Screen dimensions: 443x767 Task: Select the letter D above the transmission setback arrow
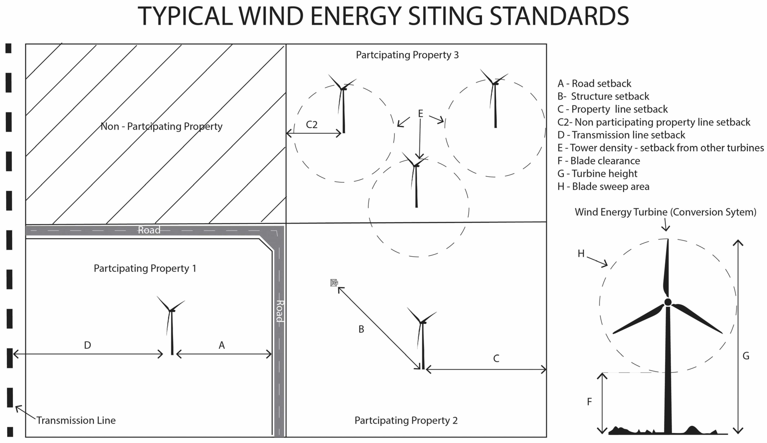(x=87, y=345)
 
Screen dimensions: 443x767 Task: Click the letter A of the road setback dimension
(x=222, y=345)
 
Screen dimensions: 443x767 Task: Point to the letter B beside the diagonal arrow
(x=361, y=329)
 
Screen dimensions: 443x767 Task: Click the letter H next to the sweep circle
(x=581, y=253)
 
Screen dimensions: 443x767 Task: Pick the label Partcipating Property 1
(x=145, y=268)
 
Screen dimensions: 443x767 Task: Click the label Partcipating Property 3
(x=407, y=55)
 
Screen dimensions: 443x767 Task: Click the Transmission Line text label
(x=76, y=420)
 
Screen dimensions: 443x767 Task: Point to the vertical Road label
(x=280, y=311)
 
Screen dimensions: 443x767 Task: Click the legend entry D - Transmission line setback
(x=621, y=135)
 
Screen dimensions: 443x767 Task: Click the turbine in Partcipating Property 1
(x=171, y=326)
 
